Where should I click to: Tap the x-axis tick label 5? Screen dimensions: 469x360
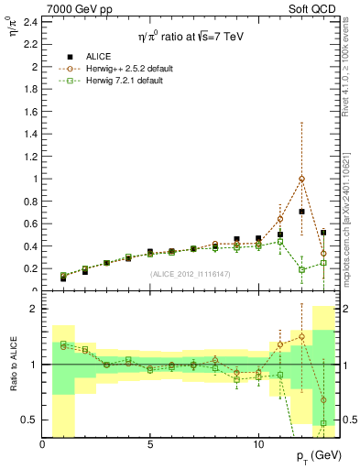point(150,442)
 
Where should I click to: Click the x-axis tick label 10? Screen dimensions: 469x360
point(258,442)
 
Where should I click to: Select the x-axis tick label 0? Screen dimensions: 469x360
point(43,442)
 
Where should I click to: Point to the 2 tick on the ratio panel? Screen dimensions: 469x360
point(34,309)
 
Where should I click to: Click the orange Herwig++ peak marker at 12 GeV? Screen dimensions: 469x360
point(301,179)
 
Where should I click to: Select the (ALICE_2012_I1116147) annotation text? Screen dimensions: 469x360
point(191,273)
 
